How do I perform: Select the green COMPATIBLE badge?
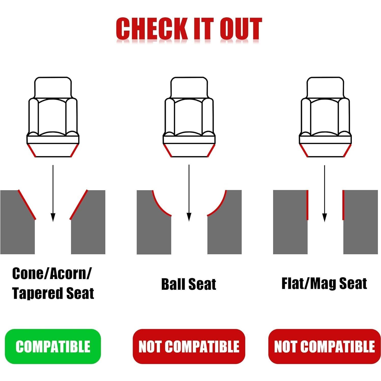(53, 346)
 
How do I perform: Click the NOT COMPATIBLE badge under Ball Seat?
(189, 346)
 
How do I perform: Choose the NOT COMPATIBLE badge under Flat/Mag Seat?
(324, 346)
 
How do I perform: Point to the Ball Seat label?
(189, 284)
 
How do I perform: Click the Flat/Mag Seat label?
(324, 284)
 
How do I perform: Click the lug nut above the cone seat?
(53, 117)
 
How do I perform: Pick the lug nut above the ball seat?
(189, 117)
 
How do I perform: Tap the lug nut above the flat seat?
(325, 117)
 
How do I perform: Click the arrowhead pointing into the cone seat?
(53, 218)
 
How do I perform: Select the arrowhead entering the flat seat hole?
(324, 218)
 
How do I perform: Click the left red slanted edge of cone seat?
(27, 204)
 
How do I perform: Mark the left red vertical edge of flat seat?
(307, 205)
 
